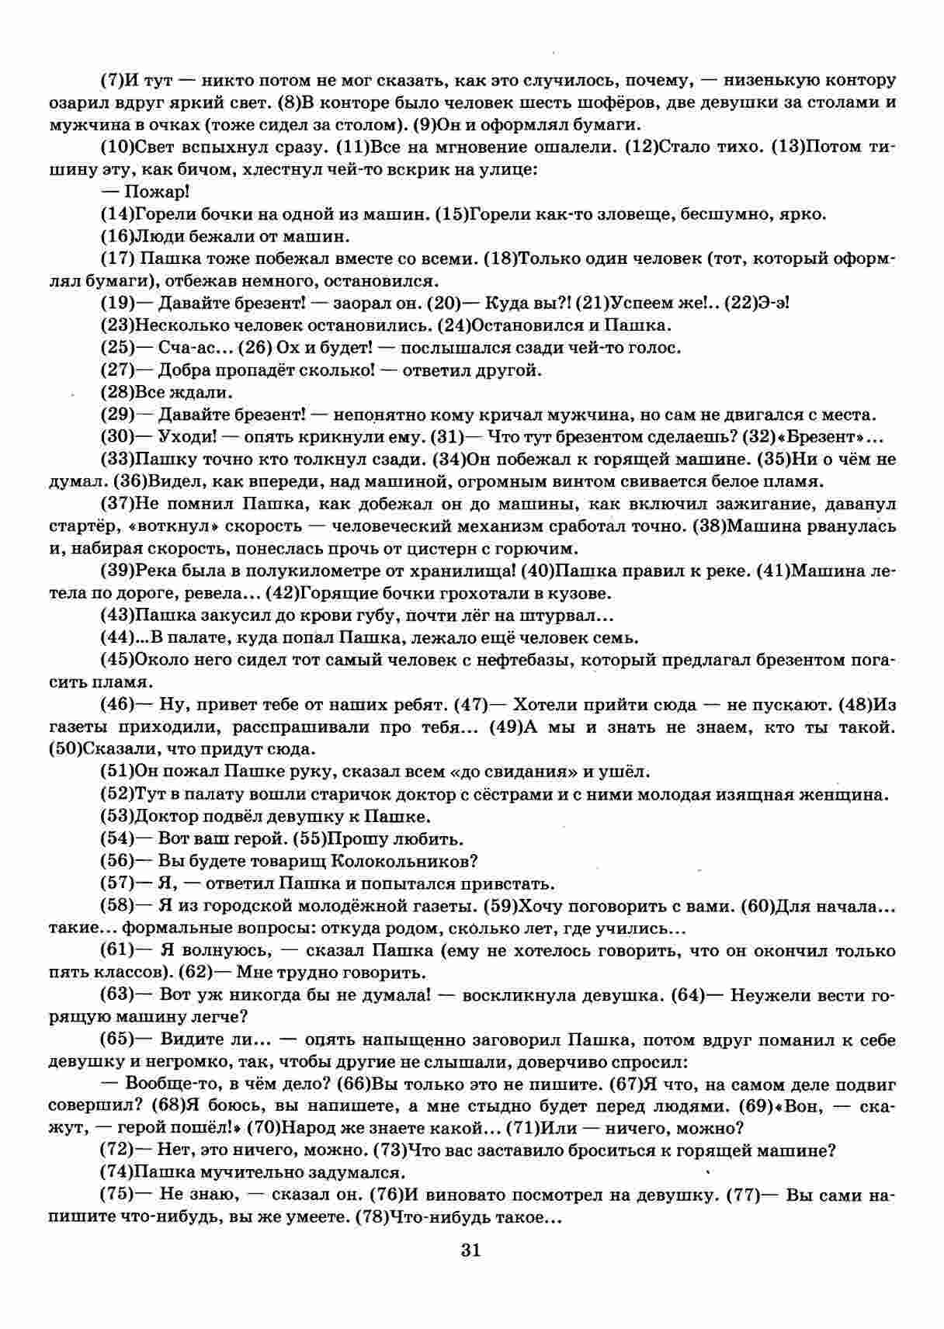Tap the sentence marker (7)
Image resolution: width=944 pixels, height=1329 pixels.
click(113, 80)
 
